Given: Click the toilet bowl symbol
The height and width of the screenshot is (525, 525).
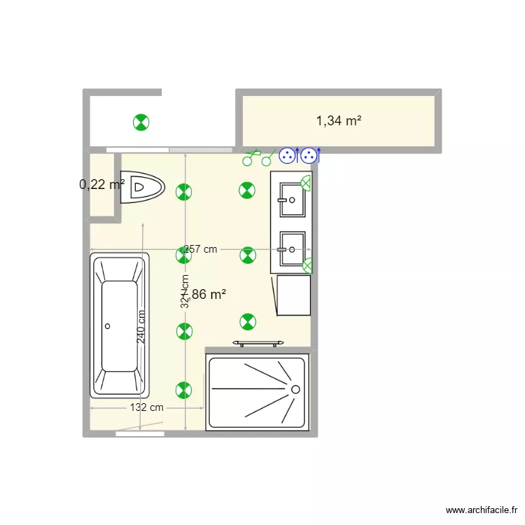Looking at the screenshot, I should [142, 188].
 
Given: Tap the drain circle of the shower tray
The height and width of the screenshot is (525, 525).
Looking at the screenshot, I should [295, 388].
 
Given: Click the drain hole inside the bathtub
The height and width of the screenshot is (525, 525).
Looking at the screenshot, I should [108, 326].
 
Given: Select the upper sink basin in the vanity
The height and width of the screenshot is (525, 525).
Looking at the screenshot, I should [292, 199].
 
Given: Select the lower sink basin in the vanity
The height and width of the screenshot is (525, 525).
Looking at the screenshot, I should [292, 249].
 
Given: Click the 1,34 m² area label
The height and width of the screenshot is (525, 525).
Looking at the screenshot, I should [339, 121].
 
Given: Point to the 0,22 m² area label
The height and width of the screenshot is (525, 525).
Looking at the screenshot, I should [101, 184].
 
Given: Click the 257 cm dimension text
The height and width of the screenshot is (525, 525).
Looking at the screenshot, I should [201, 249].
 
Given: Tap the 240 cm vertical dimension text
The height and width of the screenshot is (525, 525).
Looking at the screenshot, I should [141, 326].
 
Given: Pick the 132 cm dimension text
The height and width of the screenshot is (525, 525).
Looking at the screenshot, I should [146, 407].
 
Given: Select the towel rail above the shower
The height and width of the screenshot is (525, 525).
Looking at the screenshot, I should [259, 342].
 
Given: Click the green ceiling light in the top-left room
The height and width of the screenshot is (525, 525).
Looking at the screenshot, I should [141, 122].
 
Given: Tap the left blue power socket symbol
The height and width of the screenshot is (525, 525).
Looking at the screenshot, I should [287, 157].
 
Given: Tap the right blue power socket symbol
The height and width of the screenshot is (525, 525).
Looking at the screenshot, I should [307, 157].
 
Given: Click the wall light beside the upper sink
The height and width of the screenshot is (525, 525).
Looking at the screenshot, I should [306, 183].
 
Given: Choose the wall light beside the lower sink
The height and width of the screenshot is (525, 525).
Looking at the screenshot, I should [307, 265].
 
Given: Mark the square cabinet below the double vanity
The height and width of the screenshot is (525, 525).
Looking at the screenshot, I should [293, 295].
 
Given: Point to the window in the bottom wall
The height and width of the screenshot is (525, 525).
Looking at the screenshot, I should [139, 434].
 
